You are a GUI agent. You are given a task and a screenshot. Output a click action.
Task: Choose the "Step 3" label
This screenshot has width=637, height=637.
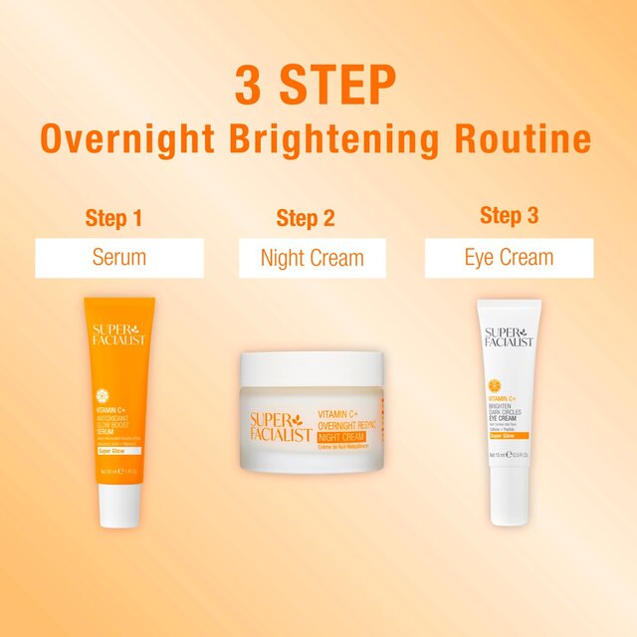509,215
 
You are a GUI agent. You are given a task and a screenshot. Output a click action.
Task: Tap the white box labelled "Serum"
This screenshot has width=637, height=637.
119,258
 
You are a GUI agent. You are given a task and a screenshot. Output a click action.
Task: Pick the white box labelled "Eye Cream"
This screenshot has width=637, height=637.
509,258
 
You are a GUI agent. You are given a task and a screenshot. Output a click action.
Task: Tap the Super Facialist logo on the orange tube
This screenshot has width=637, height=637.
119,334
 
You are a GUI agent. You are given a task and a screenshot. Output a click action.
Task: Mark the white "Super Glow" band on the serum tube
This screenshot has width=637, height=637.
118,450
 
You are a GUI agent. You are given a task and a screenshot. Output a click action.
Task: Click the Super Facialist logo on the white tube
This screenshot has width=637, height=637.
509,336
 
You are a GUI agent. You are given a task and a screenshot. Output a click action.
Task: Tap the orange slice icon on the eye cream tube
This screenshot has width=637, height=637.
495,384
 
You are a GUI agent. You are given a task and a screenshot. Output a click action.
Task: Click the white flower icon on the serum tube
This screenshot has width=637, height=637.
118,384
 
